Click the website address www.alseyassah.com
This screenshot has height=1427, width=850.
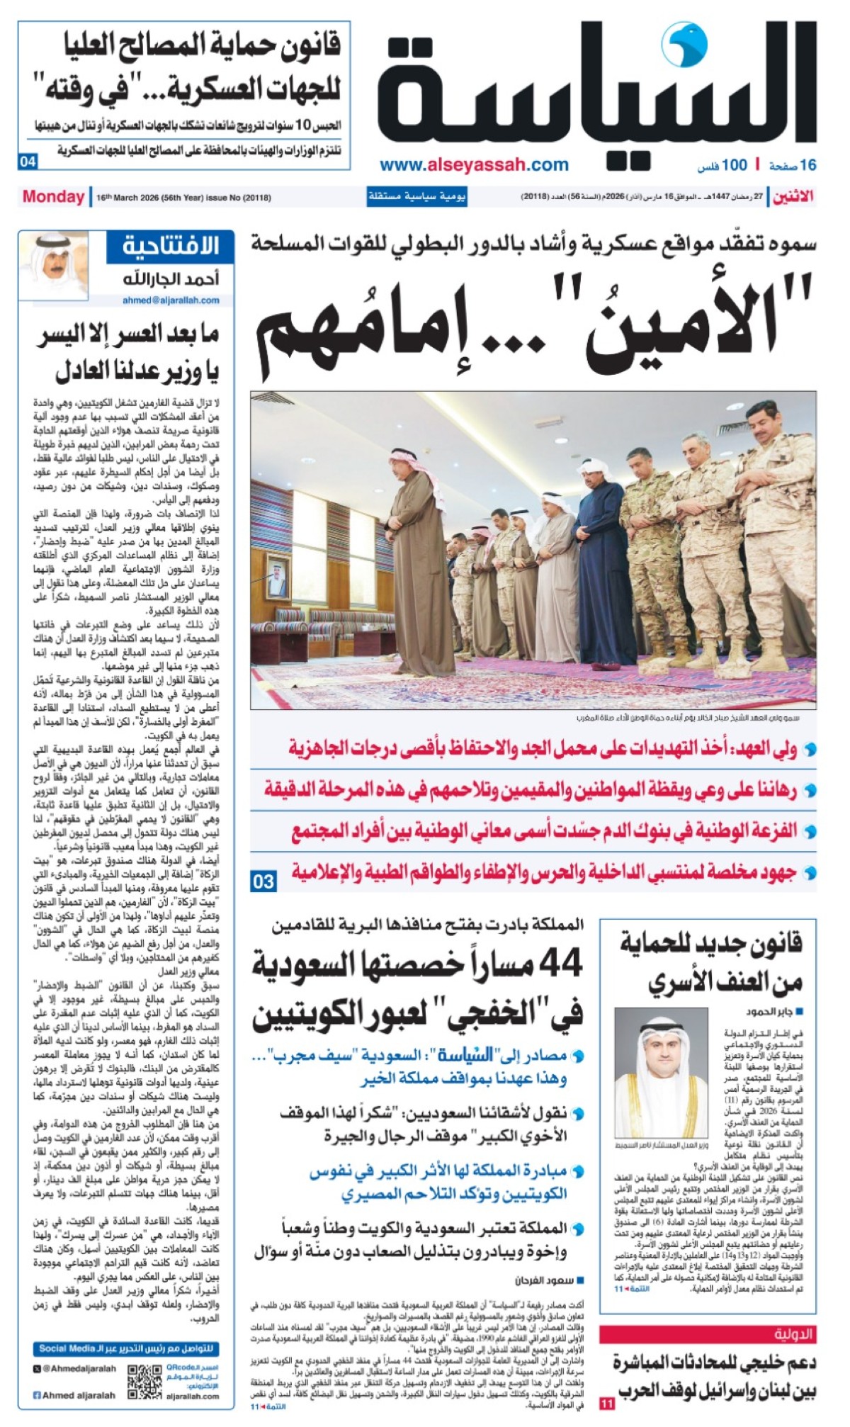(x=474, y=165)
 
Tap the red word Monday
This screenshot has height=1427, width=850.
(x=53, y=197)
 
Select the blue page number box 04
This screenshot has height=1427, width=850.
(x=28, y=162)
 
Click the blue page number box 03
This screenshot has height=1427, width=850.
(x=263, y=881)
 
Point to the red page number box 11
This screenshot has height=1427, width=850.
(x=607, y=1404)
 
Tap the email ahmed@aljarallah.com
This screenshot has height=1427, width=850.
(x=171, y=300)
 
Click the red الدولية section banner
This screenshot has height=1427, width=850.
(x=708, y=1335)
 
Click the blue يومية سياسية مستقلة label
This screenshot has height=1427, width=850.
(x=416, y=197)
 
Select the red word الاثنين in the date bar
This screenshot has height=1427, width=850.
(x=793, y=197)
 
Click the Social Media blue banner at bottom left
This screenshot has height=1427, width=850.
(x=127, y=1348)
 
